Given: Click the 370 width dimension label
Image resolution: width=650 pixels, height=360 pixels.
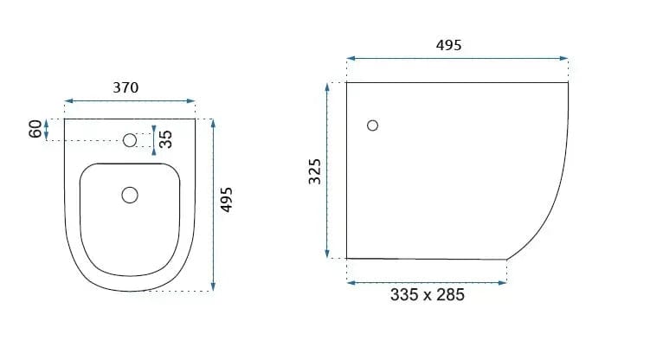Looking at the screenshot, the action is pyautogui.click(x=125, y=87).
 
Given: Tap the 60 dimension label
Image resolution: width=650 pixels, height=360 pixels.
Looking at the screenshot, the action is pyautogui.click(x=35, y=129).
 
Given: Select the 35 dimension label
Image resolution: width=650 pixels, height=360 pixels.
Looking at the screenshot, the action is pyautogui.click(x=165, y=139).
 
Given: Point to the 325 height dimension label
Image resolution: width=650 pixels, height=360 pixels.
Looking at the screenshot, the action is pyautogui.click(x=315, y=171).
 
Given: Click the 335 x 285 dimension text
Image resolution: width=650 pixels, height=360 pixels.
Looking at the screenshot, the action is pyautogui.click(x=428, y=295).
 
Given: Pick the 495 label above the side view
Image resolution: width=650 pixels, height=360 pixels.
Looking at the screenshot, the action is pyautogui.click(x=448, y=45).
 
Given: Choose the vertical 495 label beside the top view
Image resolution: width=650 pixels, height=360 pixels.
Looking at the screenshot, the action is pyautogui.click(x=227, y=200).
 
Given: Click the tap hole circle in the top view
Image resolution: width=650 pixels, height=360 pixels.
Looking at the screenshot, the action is pyautogui.click(x=130, y=140).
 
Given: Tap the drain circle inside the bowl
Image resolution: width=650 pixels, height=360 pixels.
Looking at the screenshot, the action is pyautogui.click(x=130, y=195).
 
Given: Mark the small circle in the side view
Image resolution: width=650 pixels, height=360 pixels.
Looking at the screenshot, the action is pyautogui.click(x=373, y=125).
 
